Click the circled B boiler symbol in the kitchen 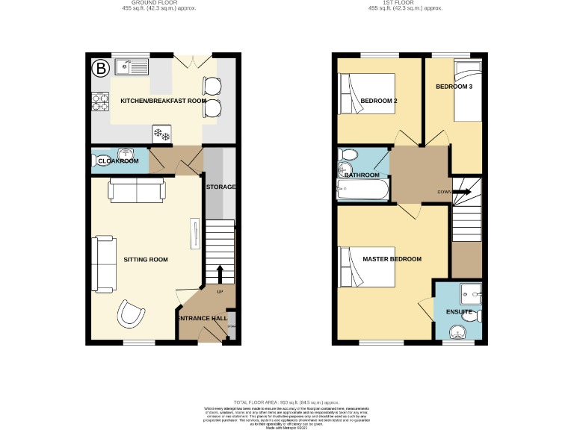99,69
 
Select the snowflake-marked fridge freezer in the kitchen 161,134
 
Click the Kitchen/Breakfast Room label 152,101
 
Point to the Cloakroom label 118,161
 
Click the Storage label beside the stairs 223,187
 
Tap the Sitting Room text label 146,260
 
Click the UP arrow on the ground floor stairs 220,272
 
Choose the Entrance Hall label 202,319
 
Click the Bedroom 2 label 378,101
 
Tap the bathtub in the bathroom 362,191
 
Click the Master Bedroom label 392,259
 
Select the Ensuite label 460,311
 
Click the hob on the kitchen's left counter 99,98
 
